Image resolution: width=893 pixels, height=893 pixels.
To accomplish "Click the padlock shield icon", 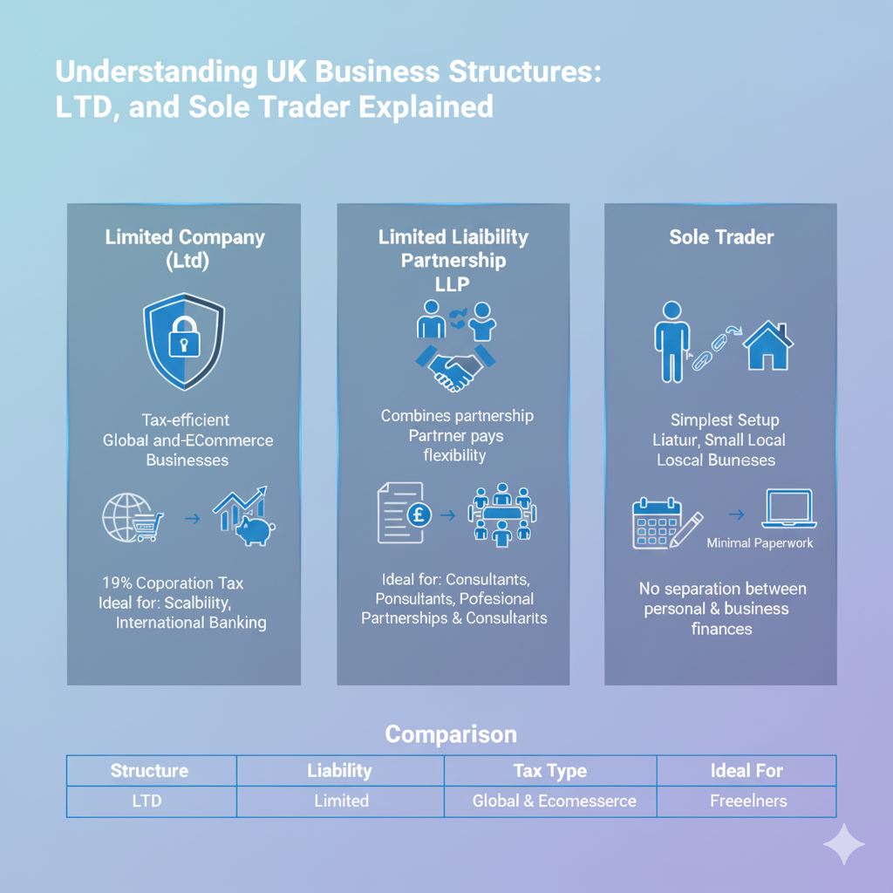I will click(x=183, y=341).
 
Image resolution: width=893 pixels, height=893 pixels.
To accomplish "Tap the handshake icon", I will click(x=453, y=369).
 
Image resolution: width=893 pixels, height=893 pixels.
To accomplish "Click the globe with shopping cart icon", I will click(x=133, y=518).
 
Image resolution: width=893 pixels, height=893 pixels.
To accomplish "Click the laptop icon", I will click(x=787, y=509).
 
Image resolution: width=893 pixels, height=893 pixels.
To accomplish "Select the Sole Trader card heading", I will click(x=721, y=237).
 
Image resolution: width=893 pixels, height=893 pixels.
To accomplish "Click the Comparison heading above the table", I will click(x=451, y=733).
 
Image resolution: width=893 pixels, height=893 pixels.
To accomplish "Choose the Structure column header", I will click(x=149, y=771).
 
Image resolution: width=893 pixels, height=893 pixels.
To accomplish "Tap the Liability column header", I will click(x=339, y=771).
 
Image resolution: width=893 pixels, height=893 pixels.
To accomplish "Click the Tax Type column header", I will click(x=549, y=771).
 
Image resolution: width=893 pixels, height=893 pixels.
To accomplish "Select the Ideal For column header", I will click(x=746, y=771).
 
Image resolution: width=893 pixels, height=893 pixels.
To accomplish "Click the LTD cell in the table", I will click(x=147, y=801).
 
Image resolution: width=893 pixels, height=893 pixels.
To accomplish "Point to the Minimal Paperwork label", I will click(x=760, y=543).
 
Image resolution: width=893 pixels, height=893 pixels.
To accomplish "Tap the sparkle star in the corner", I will click(x=844, y=843).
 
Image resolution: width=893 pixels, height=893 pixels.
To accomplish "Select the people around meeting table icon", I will click(x=502, y=515).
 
